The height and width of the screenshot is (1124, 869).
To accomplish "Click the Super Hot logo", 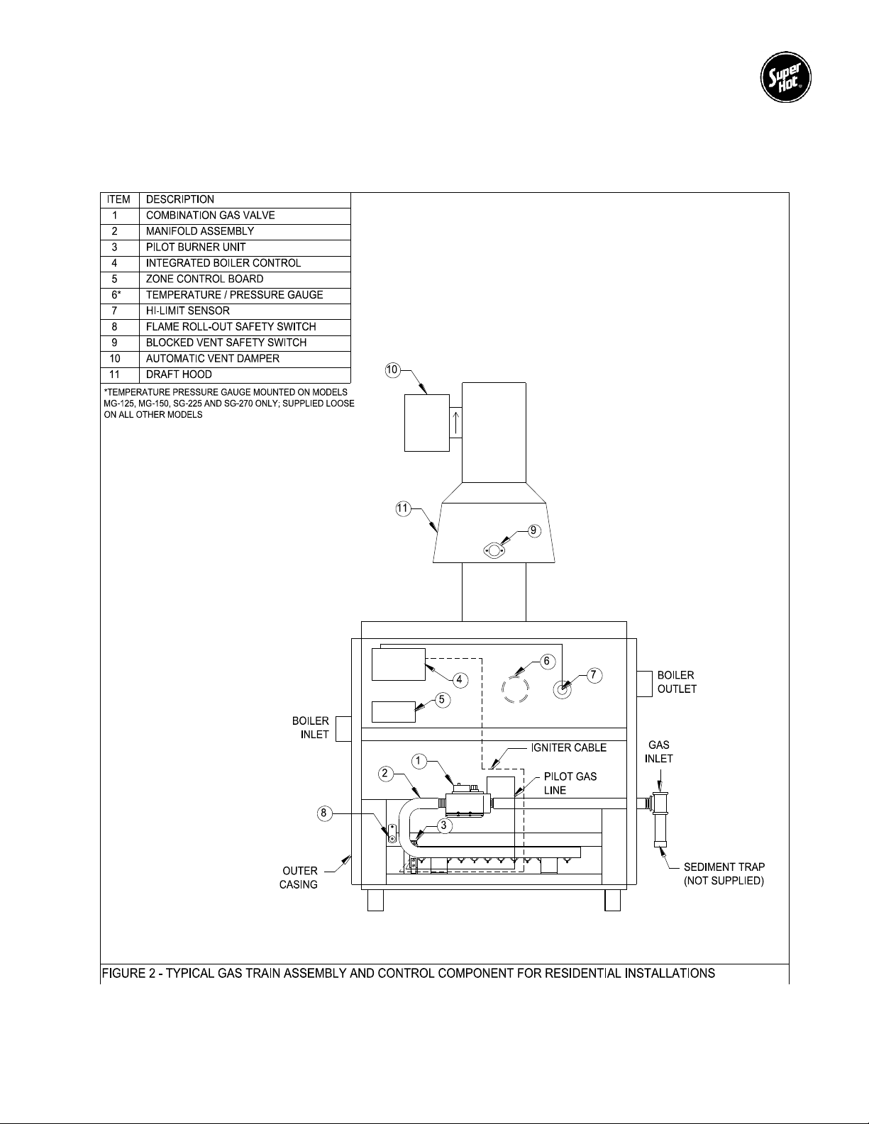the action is pyautogui.click(x=785, y=77).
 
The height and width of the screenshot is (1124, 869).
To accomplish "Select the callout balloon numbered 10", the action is pyautogui.click(x=392, y=370).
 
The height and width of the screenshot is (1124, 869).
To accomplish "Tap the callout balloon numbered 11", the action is pyautogui.click(x=403, y=508).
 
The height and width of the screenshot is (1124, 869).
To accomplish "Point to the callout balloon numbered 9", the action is pyautogui.click(x=533, y=530).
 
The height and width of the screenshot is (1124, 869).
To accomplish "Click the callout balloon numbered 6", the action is pyautogui.click(x=547, y=661).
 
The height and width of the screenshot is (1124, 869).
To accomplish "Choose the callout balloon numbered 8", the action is pyautogui.click(x=323, y=813).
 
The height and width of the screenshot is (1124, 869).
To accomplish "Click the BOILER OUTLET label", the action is pyautogui.click(x=677, y=681).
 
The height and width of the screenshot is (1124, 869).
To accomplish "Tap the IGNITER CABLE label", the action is pyautogui.click(x=568, y=747).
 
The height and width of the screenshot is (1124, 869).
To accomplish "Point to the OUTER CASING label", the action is pyautogui.click(x=299, y=878).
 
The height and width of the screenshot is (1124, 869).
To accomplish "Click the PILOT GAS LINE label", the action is pyautogui.click(x=570, y=783).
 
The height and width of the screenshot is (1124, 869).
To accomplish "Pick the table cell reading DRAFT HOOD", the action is pyautogui.click(x=245, y=375).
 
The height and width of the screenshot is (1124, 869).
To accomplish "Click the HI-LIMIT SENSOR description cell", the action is pyautogui.click(x=245, y=311).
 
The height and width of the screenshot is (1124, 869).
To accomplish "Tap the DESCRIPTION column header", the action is pyautogui.click(x=245, y=200).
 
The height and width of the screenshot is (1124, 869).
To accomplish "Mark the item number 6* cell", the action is pyautogui.click(x=120, y=295).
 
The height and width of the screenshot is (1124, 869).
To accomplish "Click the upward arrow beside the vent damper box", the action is pyautogui.click(x=455, y=423).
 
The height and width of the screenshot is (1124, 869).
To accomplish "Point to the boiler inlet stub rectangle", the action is pyautogui.click(x=343, y=729).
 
